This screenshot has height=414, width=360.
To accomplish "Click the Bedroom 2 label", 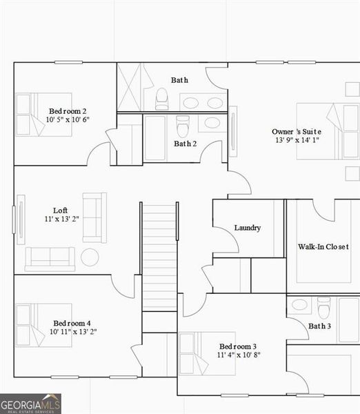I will tap(68, 110).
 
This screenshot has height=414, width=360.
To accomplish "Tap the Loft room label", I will tap(61, 210).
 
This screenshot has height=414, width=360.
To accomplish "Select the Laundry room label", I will tap(248, 228).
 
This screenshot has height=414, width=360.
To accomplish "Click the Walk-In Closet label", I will tap(328, 246).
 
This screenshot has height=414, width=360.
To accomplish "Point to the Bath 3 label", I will tap(319, 326).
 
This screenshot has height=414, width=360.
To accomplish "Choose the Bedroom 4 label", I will tap(72, 323).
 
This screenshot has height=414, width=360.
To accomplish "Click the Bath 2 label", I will tap(186, 144).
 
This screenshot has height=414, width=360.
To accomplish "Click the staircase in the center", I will tap(159, 255).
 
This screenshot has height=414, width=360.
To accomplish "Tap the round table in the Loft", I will tap(90, 257).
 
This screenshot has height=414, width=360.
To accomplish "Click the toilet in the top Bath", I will tap(162, 99).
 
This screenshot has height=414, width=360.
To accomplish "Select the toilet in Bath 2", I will tap(183, 126).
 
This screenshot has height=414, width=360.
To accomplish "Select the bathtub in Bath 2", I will tap(154, 138).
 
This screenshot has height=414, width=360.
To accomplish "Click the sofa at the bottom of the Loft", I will tap(50, 259).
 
